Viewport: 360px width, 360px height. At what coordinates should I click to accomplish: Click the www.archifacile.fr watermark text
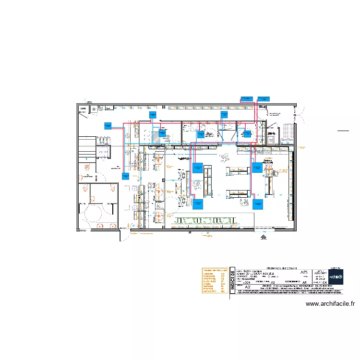[330, 304]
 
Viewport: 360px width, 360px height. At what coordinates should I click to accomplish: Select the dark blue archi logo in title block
[336, 276]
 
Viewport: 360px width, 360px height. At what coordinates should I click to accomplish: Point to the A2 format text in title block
[248, 287]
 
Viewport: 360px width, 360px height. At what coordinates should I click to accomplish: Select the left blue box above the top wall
[246, 98]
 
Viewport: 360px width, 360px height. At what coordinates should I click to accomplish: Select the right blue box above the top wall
[264, 98]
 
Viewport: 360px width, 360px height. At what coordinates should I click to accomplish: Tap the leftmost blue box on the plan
[107, 126]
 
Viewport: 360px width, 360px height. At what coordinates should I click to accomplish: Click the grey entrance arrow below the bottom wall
[263, 236]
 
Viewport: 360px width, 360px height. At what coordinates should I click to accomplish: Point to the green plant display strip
[207, 220]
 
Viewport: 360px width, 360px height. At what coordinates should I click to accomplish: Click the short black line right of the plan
[343, 130]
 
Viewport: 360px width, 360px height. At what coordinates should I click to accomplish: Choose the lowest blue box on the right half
[258, 204]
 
